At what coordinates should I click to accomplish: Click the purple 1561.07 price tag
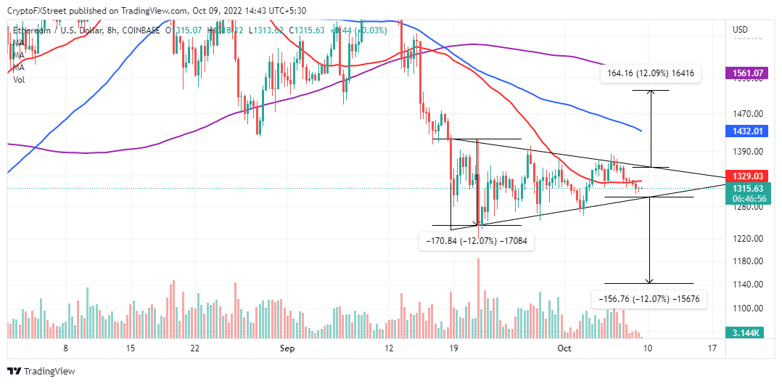(748, 73)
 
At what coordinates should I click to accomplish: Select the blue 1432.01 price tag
(748, 131)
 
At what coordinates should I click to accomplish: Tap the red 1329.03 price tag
(748, 176)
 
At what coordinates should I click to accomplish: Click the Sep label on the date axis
(287, 348)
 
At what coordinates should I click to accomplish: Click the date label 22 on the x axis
(194, 348)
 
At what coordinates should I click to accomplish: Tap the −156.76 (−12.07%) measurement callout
(650, 298)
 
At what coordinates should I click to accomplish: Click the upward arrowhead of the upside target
(650, 92)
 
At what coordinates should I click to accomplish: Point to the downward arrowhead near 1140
(650, 281)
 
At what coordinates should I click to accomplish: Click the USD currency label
(741, 30)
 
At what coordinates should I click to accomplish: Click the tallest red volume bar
(479, 298)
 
